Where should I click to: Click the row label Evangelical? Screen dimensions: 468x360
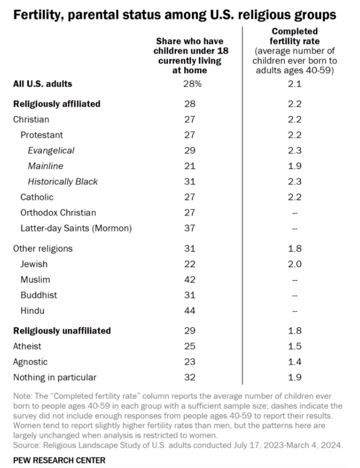(x=51, y=150)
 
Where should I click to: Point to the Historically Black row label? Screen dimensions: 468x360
(x=63, y=181)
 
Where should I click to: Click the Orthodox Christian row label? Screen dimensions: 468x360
(x=58, y=212)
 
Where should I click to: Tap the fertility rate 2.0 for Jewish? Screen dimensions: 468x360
(x=294, y=264)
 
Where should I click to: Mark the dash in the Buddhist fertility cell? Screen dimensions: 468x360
(x=294, y=295)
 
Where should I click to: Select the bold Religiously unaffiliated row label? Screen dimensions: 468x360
(x=62, y=330)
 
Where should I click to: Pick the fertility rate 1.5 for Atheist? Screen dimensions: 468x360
(x=294, y=346)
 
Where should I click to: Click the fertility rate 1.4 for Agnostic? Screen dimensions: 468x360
(x=294, y=361)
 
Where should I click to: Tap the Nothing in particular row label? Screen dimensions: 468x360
(x=55, y=377)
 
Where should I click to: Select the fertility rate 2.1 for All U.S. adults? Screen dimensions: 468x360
(x=294, y=84)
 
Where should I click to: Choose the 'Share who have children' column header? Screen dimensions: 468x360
(x=189, y=55)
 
